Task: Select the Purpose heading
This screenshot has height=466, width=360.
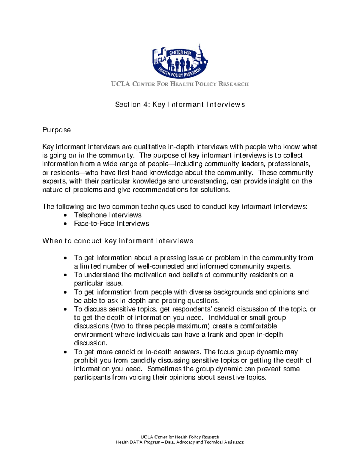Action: tap(57, 130)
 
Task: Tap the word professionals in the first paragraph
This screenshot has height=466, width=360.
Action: tap(288, 164)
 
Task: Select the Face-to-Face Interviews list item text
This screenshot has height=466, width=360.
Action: tap(111, 224)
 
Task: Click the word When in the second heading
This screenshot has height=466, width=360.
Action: tap(51, 241)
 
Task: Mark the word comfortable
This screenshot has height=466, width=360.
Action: tap(259, 326)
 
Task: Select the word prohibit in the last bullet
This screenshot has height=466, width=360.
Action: tap(85, 360)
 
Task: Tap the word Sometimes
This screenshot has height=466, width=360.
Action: tap(164, 369)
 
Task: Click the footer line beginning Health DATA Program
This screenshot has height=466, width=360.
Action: tap(180, 442)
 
